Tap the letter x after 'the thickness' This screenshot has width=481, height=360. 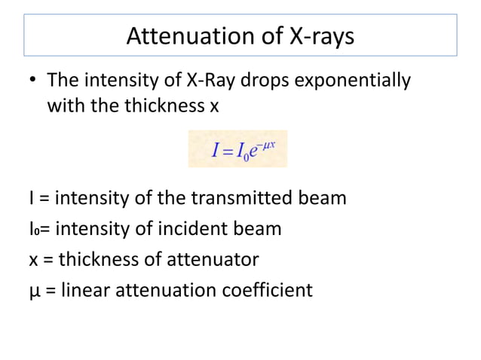pos(214,105)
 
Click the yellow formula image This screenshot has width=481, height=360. pos(237,149)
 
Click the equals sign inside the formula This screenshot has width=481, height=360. pos(227,150)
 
